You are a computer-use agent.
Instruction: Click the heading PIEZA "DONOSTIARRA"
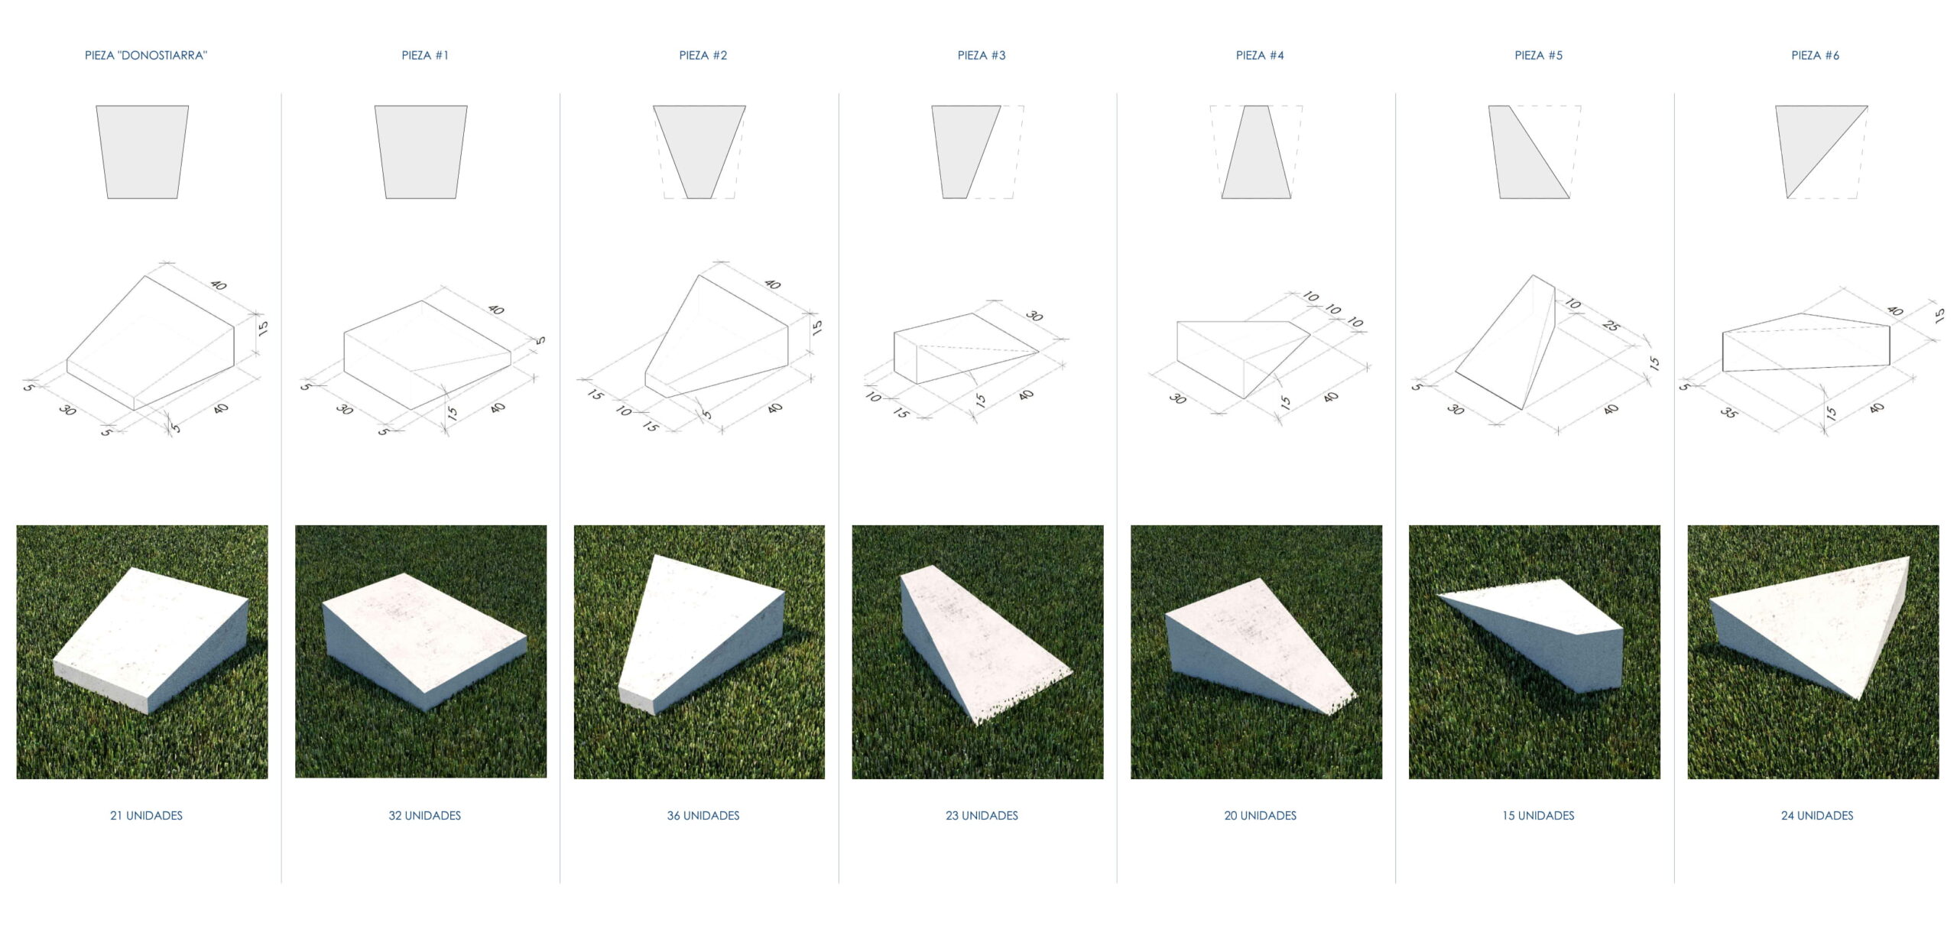[x=145, y=55]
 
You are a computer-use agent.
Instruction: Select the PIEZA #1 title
[x=425, y=55]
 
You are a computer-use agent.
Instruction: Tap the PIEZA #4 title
[x=1260, y=55]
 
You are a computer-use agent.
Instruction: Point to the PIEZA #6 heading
[x=1816, y=55]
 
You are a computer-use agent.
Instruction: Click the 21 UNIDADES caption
[x=146, y=815]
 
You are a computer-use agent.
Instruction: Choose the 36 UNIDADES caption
[x=703, y=815]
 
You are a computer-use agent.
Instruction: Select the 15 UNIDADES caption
[x=1538, y=815]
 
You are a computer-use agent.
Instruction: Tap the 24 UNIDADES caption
[x=1817, y=815]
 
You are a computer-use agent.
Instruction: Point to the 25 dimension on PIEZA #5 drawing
[x=1611, y=326]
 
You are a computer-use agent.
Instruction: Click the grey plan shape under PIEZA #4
[x=1257, y=152]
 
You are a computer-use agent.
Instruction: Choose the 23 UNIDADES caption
[x=982, y=815]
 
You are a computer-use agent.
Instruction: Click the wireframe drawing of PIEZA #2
[x=716, y=336]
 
